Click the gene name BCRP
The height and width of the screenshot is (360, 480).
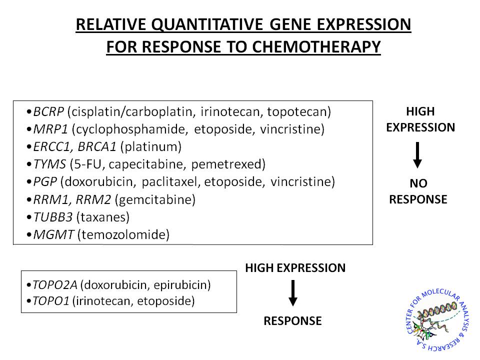coord(48,111)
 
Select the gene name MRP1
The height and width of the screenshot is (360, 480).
coord(50,129)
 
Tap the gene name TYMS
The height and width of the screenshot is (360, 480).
coord(49,164)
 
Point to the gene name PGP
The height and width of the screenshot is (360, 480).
coord(44,182)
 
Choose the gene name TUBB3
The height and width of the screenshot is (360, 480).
coord(52,217)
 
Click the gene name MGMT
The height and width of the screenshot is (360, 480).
coord(53,235)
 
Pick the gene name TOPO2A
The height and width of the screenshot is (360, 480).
coord(55,285)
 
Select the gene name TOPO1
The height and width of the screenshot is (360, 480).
coord(51,301)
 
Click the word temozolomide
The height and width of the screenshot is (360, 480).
coord(123,235)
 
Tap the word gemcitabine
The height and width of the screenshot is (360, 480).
coord(155,200)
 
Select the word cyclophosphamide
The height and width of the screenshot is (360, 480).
coord(130,129)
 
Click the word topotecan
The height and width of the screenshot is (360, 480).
coord(297,112)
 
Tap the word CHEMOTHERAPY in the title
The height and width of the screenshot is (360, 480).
coord(316,47)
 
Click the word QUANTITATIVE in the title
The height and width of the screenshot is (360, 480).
coord(207,25)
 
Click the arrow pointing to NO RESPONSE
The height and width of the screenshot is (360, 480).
coord(417,155)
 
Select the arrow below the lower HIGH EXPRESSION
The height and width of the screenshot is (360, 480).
coord(293,293)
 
